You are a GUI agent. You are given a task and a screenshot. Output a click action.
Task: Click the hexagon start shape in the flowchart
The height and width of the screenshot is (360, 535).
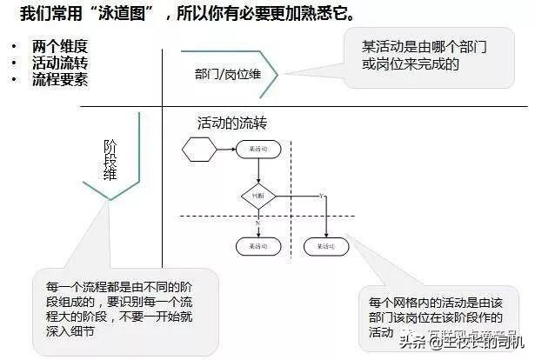tap(198, 150)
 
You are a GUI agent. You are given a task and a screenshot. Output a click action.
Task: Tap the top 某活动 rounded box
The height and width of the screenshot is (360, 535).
tap(257, 150)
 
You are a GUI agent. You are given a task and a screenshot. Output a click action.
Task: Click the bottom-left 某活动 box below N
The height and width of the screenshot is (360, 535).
tap(257, 246)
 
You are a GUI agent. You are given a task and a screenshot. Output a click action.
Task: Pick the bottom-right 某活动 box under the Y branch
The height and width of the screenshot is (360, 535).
tap(325, 246)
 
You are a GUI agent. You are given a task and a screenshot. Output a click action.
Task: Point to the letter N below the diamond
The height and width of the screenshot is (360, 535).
tap(258, 223)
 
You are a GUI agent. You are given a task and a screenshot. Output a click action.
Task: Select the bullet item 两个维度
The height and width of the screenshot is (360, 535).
tap(59, 46)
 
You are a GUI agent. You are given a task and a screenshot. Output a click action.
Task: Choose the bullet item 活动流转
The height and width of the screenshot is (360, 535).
tap(59, 63)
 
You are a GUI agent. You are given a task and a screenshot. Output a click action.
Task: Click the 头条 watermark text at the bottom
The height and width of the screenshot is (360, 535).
tap(411, 342)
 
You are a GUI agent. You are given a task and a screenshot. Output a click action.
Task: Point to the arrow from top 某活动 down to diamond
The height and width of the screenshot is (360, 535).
tap(257, 171)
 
